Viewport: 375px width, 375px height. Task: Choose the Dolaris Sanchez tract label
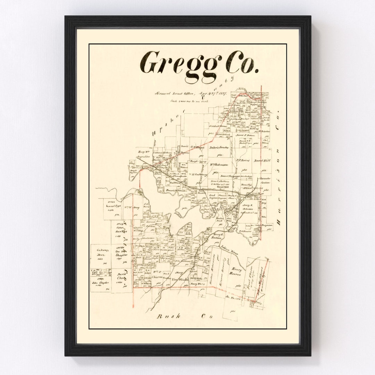tap(219, 148)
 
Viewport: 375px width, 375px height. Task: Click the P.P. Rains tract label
tap(243, 161)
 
